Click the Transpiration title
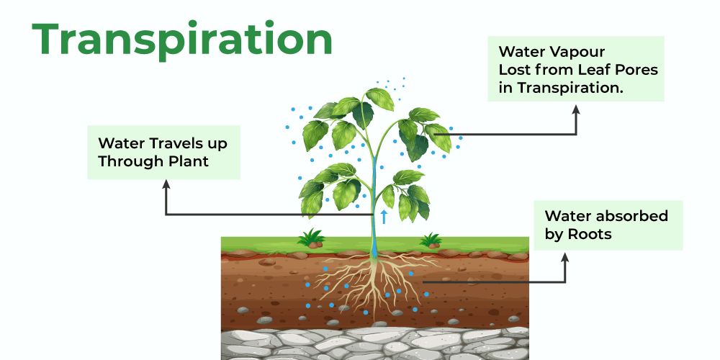(x=182, y=40)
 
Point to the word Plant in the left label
(x=188, y=161)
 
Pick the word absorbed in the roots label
(x=634, y=216)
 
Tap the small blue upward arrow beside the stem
(x=384, y=216)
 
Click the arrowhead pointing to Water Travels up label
(x=167, y=184)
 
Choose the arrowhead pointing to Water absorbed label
(x=564, y=256)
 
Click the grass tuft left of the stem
(x=311, y=237)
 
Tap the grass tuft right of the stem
(x=431, y=239)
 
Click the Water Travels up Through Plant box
(x=163, y=153)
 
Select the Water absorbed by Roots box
(x=607, y=225)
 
